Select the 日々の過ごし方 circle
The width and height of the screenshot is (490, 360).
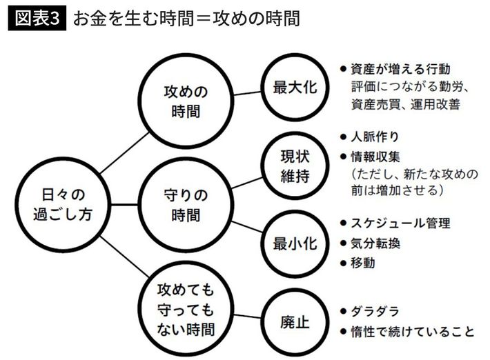coord(62,203)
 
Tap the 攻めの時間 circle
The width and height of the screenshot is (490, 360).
coord(185,101)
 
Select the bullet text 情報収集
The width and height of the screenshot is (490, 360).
coord(380,154)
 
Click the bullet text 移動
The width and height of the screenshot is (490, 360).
coord(366,263)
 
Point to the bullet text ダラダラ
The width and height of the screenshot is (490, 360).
coord(375,311)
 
